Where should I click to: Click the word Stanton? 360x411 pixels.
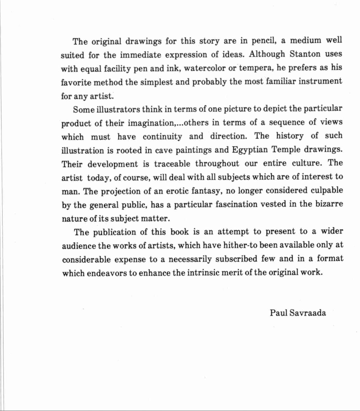(305, 54)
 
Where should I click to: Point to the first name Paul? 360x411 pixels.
(278, 313)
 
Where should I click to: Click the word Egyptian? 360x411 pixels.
(250, 150)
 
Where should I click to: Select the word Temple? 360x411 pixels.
(286, 150)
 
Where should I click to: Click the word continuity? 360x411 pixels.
(162, 137)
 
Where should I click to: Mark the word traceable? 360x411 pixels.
(172, 164)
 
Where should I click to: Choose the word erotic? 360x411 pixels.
(177, 191)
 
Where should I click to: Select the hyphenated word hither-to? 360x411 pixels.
(240, 245)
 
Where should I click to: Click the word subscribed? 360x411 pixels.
(236, 259)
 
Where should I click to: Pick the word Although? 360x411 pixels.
(267, 54)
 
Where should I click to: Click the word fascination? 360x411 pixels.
(236, 204)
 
